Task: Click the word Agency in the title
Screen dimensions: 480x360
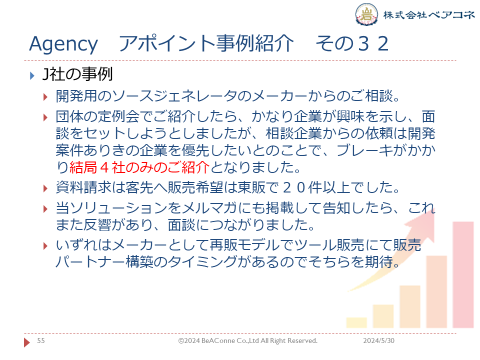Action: pyautogui.click(x=63, y=44)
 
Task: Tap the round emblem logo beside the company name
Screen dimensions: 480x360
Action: pyautogui.click(x=366, y=14)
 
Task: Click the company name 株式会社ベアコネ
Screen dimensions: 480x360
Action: pyautogui.click(x=429, y=14)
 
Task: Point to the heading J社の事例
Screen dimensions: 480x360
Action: pyautogui.click(x=77, y=74)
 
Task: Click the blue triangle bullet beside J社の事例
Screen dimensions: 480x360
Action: pyautogui.click(x=32, y=75)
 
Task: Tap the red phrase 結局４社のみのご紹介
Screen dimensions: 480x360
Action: pyautogui.click(x=139, y=167)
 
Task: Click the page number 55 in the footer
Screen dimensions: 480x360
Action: pyautogui.click(x=40, y=340)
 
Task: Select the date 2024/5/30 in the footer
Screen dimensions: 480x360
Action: pyautogui.click(x=378, y=340)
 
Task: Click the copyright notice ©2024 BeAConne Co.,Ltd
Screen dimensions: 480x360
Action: pyautogui.click(x=247, y=340)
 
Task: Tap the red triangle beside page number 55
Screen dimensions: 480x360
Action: pyautogui.click(x=27, y=342)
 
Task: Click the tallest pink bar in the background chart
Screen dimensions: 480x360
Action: pyautogui.click(x=463, y=274)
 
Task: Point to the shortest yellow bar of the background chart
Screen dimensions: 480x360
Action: pyautogui.click(x=356, y=322)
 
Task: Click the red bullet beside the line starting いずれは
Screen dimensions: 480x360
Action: pyautogui.click(x=45, y=246)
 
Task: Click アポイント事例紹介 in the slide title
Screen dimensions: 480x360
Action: pyautogui.click(x=206, y=43)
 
